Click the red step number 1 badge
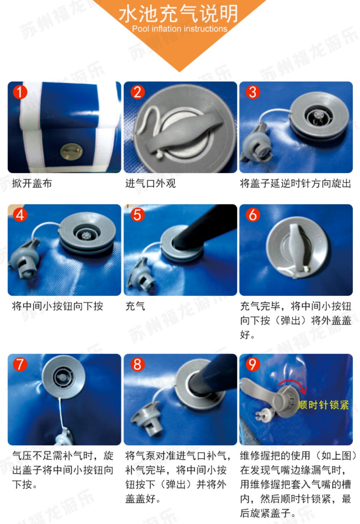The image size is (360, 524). (20, 92)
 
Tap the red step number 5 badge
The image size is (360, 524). (138, 215)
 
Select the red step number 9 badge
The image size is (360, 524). (252, 364)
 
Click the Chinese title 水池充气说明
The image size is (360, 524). (178, 14)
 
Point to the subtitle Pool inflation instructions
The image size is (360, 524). (180, 29)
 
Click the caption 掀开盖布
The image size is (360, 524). (32, 183)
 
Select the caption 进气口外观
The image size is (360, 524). (150, 183)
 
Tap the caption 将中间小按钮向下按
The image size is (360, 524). (57, 306)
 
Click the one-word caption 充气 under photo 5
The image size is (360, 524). (135, 306)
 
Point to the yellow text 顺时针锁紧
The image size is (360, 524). (324, 405)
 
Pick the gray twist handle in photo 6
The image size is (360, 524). (297, 247)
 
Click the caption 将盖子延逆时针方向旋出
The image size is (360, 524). (296, 183)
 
